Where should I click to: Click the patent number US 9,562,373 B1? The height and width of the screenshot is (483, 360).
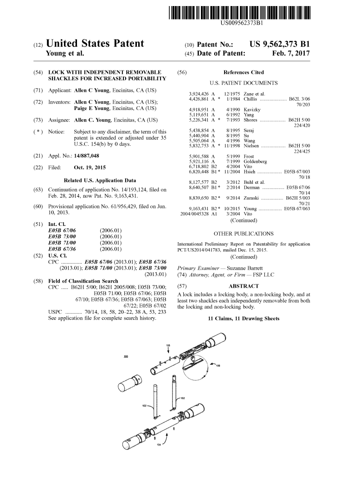pos(279,45)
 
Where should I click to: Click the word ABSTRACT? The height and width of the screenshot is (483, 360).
pos(244,286)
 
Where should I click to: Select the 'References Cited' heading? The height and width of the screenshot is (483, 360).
pos(244,72)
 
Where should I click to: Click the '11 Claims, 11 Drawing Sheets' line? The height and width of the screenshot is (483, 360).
pos(244,319)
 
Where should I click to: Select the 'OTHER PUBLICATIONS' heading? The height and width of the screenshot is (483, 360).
pos(244,234)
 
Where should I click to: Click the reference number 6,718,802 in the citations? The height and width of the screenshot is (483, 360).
pos(199,166)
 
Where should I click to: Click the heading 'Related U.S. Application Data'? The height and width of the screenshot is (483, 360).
pos(100,180)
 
